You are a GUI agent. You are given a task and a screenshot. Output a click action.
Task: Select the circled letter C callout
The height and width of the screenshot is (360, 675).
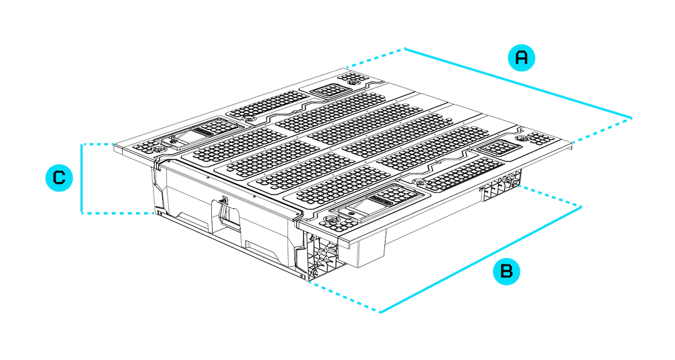[59, 178]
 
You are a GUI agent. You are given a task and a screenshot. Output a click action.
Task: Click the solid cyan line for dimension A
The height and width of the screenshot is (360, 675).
[519, 83]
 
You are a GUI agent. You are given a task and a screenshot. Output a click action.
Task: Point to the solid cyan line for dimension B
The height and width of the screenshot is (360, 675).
[481, 259]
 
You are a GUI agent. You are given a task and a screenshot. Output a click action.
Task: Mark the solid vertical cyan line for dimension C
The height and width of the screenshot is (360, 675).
[81, 179]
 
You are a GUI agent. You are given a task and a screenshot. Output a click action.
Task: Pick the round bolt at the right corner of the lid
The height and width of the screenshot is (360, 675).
[522, 137]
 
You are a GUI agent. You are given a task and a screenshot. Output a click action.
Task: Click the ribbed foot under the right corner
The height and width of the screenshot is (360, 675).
[500, 186]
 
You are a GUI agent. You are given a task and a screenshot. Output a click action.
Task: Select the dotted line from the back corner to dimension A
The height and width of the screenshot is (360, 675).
[375, 58]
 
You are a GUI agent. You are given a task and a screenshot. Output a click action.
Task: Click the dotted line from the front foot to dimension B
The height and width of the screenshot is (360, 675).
[344, 296]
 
